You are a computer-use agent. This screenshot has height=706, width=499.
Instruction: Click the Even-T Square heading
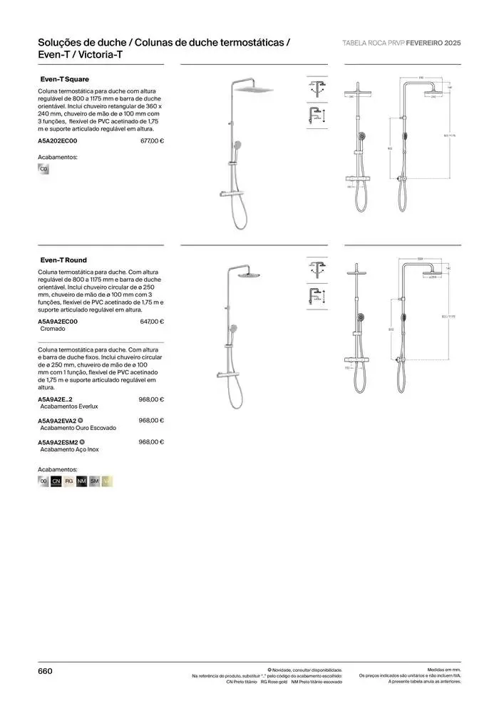64,79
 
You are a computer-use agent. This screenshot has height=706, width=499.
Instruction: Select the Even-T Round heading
63,260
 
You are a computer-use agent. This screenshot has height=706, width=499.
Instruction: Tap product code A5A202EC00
57,141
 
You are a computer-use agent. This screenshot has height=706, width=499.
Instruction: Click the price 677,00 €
152,141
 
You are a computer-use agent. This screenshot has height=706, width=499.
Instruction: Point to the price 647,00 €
152,322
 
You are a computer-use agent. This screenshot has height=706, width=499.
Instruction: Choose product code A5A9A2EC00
57,322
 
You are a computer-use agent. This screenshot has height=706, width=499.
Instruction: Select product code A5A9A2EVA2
57,420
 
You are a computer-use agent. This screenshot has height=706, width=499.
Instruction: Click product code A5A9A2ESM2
57,442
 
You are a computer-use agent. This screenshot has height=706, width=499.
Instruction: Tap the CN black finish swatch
56,482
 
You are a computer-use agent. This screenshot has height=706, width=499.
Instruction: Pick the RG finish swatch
69,482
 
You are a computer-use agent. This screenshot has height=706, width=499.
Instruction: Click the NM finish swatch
82,482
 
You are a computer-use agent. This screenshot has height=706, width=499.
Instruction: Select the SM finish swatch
95,482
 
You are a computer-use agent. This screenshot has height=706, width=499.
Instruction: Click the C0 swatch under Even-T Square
43,169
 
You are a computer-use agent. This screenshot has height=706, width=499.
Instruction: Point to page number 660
45,671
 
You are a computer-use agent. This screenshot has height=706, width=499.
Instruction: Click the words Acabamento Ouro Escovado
78,428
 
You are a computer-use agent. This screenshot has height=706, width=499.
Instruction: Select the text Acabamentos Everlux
69,406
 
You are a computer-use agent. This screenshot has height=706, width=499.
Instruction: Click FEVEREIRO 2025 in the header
438,43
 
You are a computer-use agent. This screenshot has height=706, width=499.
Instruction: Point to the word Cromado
53,329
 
